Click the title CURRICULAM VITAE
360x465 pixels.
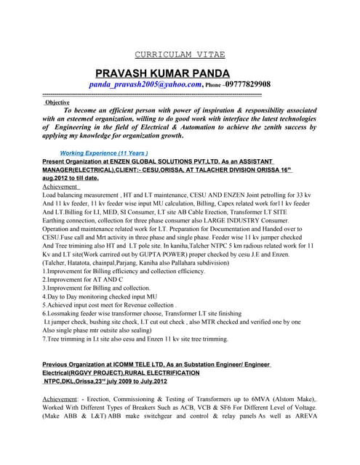180,54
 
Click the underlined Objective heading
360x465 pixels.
57,102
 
